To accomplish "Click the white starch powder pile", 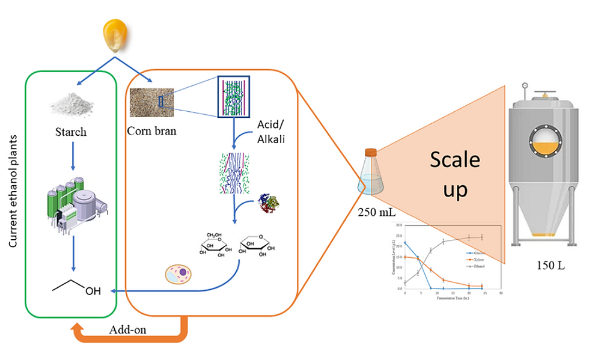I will click(x=72, y=106).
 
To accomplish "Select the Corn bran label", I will click(x=151, y=130).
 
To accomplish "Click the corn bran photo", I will click(x=151, y=102).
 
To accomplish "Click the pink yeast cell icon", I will click(x=178, y=274).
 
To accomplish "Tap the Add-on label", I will click(x=127, y=329).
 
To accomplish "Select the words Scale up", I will click(x=454, y=175).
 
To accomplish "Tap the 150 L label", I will click(x=548, y=266).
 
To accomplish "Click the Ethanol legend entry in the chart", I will click(x=477, y=266).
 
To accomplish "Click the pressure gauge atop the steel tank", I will click(x=525, y=86).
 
